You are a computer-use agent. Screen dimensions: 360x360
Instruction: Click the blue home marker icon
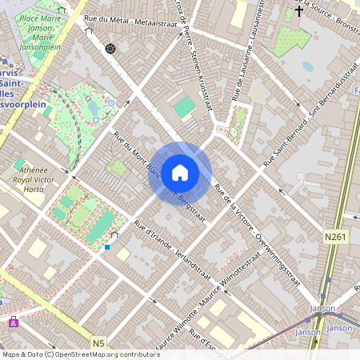180,172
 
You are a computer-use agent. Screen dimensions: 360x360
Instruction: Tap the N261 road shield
337,238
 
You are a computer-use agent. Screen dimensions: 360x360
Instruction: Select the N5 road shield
98,343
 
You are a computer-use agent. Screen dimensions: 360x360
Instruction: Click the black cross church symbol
299,11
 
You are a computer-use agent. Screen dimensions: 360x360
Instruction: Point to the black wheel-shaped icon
110,49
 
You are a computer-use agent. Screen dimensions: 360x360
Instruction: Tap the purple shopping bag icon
13,322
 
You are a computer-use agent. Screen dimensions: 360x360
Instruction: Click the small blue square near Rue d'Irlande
107,247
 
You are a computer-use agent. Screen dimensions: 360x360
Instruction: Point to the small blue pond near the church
307,67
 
